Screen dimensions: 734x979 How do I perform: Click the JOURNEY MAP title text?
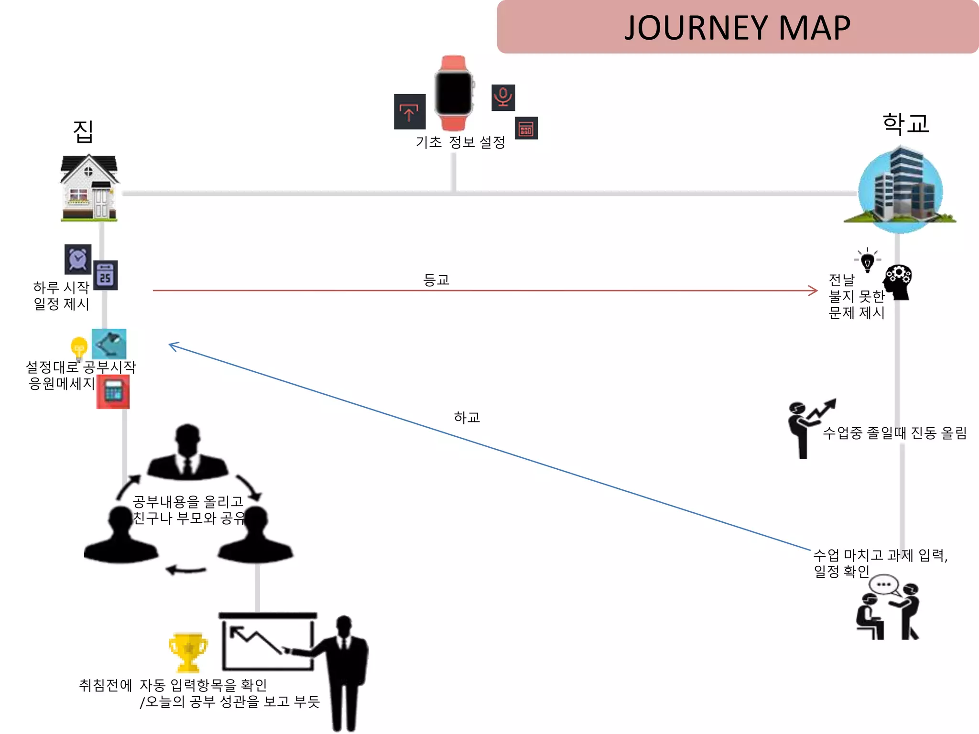pos(737,28)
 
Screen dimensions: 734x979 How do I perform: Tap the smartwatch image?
pos(454,93)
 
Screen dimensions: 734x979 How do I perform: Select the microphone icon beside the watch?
pos(503,97)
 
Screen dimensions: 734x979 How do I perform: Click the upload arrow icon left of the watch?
pos(410,112)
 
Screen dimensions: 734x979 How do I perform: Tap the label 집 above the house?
pos(83,131)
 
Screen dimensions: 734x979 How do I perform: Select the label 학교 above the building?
pos(905,124)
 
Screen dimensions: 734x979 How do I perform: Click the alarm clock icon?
pos(78,259)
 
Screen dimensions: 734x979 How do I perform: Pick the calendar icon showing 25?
pos(106,276)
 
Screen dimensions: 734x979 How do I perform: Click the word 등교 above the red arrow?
pos(436,280)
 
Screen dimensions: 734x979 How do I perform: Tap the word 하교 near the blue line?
pos(467,418)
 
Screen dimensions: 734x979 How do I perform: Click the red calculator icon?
pos(113,392)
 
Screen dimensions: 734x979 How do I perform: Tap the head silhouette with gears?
pos(898,282)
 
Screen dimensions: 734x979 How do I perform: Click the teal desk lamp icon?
pos(109,344)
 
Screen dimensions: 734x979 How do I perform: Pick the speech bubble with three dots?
pos(883,584)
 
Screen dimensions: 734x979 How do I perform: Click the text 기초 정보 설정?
pos(460,142)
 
